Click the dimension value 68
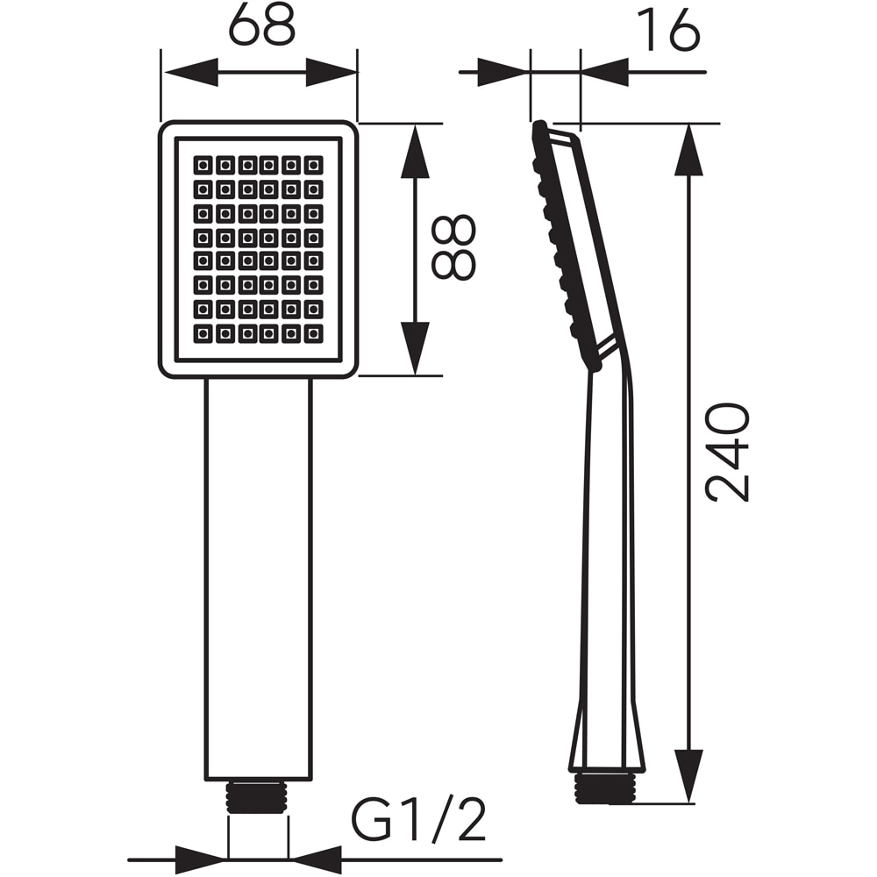click(x=260, y=28)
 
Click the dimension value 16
click(x=667, y=32)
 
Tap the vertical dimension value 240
click(x=729, y=452)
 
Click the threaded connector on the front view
click(x=257, y=797)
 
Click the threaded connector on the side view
click(x=604, y=788)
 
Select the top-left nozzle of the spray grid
click(x=203, y=165)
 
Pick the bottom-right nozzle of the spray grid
click(x=313, y=333)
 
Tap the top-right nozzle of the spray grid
click(x=313, y=165)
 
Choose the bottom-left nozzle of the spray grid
click(x=203, y=333)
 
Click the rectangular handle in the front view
click(x=258, y=579)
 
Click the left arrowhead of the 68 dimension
click(x=189, y=72)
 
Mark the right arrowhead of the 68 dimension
click(x=332, y=72)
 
